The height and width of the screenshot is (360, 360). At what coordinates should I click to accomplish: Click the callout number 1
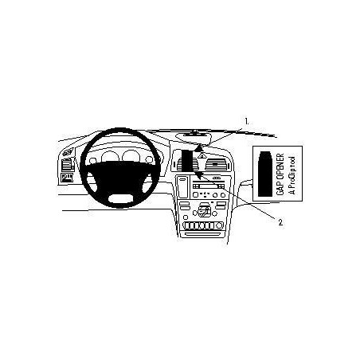(x=247, y=122)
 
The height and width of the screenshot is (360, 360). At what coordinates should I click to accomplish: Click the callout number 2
(x=280, y=222)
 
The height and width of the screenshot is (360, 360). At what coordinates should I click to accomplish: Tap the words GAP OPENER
(x=280, y=174)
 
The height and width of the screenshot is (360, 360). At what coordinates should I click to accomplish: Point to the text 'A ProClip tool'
(x=292, y=175)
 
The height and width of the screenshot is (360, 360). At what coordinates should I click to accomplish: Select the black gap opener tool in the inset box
(x=265, y=174)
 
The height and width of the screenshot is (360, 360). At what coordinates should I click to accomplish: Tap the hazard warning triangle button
(x=201, y=157)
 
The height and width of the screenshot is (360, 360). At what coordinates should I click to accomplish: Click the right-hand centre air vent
(x=215, y=164)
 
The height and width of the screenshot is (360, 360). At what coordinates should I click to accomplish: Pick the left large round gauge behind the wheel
(x=110, y=157)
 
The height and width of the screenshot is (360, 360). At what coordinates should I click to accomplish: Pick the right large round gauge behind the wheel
(x=131, y=156)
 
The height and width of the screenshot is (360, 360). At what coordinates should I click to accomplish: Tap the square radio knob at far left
(x=195, y=194)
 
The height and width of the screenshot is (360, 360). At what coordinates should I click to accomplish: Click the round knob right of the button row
(x=219, y=225)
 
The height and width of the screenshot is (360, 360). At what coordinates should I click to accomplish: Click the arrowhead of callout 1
(x=197, y=149)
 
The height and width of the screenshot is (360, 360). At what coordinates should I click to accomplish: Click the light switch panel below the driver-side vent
(x=66, y=178)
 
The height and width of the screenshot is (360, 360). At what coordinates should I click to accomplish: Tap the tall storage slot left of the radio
(x=182, y=187)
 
